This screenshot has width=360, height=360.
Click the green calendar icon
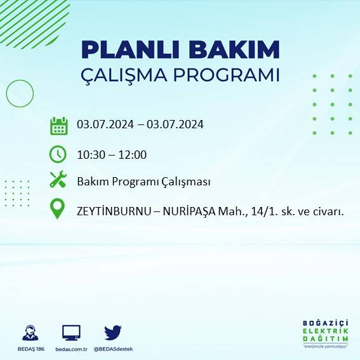coord(58,125)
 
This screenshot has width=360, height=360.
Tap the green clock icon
coord(58,154)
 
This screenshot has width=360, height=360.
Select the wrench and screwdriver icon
coord(58,180)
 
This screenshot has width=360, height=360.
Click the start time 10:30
coord(90,154)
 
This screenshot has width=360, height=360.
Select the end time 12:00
coord(133,154)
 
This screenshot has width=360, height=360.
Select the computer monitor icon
coord(71,332)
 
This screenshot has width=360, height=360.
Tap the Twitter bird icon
coord(113,332)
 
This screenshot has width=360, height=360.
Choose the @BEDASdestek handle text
coord(113,349)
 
